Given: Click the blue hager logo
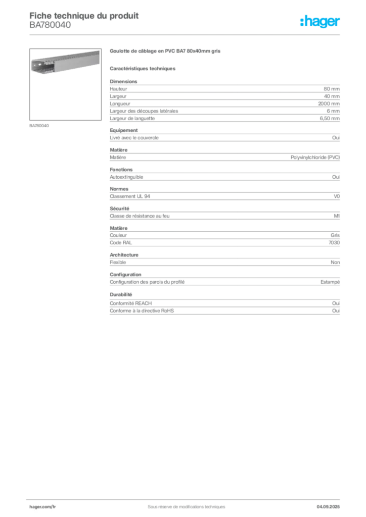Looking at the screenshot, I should pyautogui.click(x=321, y=22).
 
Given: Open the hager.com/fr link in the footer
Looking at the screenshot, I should pyautogui.click(x=42, y=505).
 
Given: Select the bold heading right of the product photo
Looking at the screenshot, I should pyautogui.click(x=165, y=51).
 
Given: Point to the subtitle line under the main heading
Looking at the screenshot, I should pyautogui.click(x=144, y=68).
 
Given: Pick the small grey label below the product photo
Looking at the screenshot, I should pyautogui.click(x=40, y=125).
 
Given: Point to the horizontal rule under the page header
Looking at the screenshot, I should pyautogui.click(x=186, y=34).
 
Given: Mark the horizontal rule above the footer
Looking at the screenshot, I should pyautogui.click(x=186, y=497).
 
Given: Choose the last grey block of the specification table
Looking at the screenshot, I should pyautogui.click(x=224, y=304).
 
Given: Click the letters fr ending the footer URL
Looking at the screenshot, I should pyautogui.click(x=54, y=505).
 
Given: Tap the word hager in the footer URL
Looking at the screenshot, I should pyautogui.click(x=36, y=505).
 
